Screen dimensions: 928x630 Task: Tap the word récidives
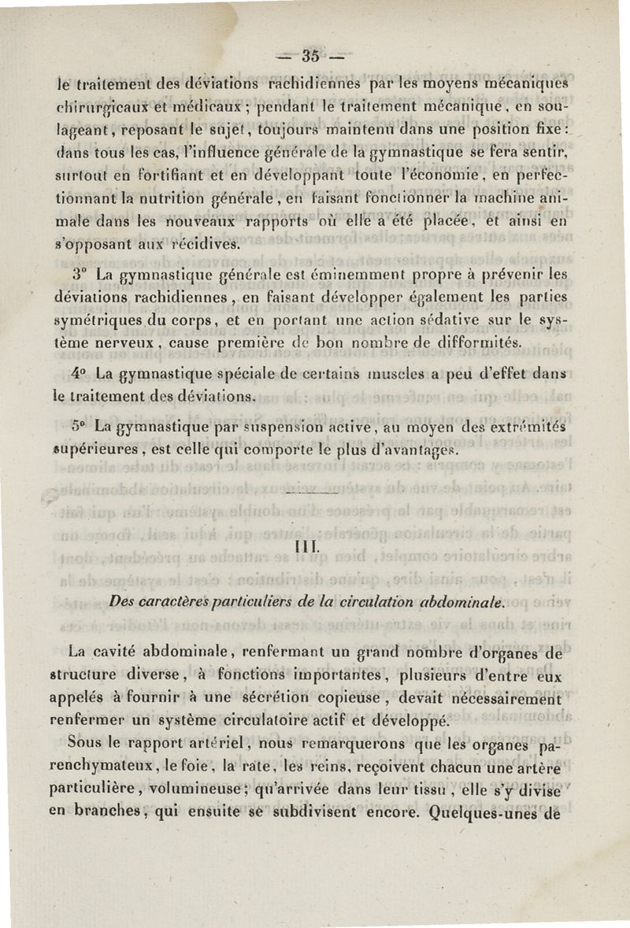(205, 245)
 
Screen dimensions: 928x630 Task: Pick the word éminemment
(314, 276)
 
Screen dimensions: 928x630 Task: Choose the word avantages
(418, 449)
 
